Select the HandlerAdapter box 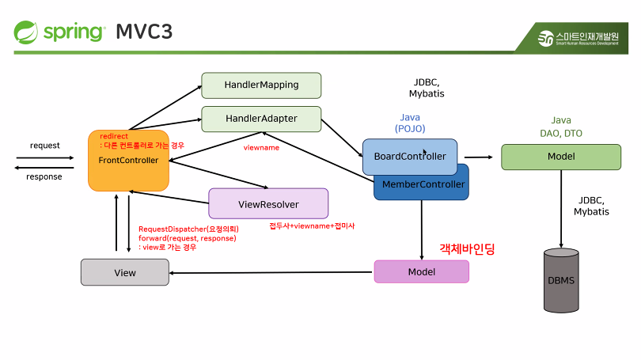coord(261,119)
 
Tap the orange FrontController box coord(128,161)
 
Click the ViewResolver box coord(268,203)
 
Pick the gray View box coord(124,272)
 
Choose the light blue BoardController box coord(409,157)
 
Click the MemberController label coord(423,184)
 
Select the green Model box coord(561,157)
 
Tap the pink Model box coord(421,271)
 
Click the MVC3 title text coord(144,32)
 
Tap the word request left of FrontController coord(44,145)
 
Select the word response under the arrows coord(44,176)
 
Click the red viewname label coord(261,147)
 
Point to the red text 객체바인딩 coord(467,248)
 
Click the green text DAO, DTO coord(561,134)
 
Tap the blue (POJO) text coord(410,128)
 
